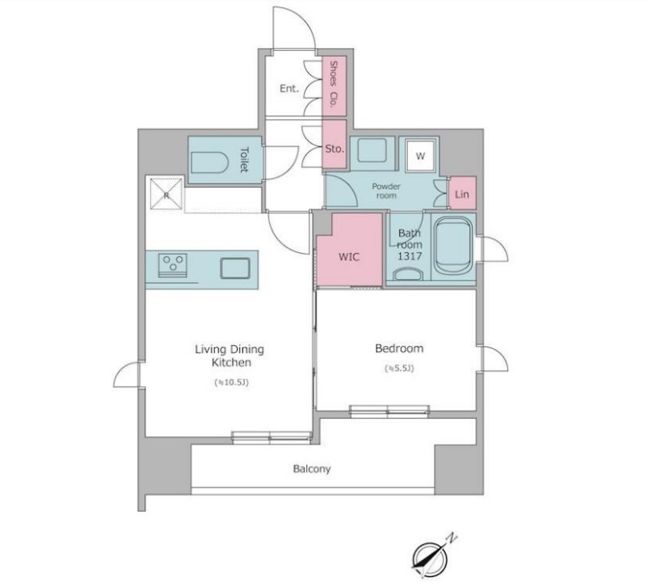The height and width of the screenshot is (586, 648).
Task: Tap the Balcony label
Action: [312, 469]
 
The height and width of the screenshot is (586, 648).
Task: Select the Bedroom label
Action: [399, 348]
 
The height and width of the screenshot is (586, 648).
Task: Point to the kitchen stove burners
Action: [173, 265]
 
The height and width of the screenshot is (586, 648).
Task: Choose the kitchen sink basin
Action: [235, 268]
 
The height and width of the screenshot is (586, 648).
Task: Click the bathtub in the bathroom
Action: [453, 246]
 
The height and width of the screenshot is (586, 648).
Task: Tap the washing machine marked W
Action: [421, 155]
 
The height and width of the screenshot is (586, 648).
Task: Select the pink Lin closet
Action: [462, 192]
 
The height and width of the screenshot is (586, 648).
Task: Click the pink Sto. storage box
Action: [335, 145]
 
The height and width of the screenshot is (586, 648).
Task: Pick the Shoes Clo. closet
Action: [334, 86]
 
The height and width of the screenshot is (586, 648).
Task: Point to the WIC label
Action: [349, 257]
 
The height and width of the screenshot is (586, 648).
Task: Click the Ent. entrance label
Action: [289, 88]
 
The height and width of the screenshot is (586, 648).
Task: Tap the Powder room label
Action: [386, 191]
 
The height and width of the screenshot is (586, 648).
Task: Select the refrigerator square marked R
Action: [166, 193]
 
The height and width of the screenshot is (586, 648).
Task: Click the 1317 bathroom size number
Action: [410, 256]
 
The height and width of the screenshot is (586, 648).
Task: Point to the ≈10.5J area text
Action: [231, 382]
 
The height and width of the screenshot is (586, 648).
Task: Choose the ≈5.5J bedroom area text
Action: [399, 368]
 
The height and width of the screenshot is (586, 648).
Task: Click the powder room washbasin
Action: [372, 150]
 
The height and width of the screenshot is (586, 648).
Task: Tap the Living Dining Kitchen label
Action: [229, 356]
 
